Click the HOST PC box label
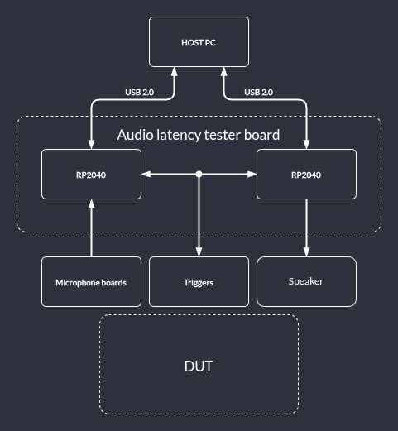199,43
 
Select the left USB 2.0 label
140,92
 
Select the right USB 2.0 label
259,92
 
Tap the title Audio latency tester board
199,135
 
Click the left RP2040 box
91,174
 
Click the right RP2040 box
306,174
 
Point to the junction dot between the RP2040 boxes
199,174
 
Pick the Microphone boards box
91,281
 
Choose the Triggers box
199,281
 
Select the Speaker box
306,281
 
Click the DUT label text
199,366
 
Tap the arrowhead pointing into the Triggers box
199,252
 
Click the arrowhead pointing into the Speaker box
306,252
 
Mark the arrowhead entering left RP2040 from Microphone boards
91,204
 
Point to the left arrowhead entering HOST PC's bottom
174,71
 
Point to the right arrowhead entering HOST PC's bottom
223,71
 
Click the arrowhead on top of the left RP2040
91,145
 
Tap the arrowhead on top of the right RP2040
306,145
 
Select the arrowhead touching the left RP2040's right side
146,174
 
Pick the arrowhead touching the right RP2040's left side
252,174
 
